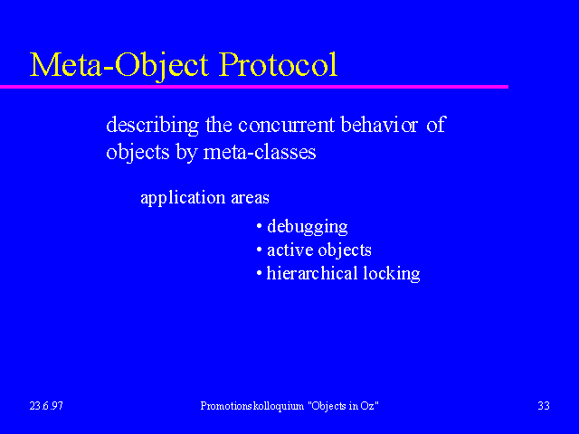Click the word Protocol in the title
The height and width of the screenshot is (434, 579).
[x=278, y=64]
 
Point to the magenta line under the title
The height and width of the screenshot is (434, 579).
[x=254, y=87]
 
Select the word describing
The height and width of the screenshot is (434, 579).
[x=153, y=125]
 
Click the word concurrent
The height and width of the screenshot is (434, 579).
[x=286, y=125]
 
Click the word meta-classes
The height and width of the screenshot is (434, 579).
[x=260, y=152]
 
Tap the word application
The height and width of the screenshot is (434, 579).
[x=183, y=198]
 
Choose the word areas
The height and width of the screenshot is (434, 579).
[x=250, y=199]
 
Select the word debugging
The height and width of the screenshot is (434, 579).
[x=308, y=227]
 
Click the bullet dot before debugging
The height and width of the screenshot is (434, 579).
[x=260, y=225]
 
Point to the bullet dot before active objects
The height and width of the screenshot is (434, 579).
[x=260, y=250]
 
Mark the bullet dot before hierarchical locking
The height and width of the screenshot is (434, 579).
[x=260, y=273]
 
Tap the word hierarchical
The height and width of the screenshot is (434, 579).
[x=312, y=273]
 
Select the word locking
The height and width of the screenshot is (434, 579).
[x=392, y=274]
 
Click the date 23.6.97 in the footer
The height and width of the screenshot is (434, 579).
[x=46, y=406]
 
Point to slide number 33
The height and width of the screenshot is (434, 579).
[x=544, y=406]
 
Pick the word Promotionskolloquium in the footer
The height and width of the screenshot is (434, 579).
[x=252, y=406]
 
